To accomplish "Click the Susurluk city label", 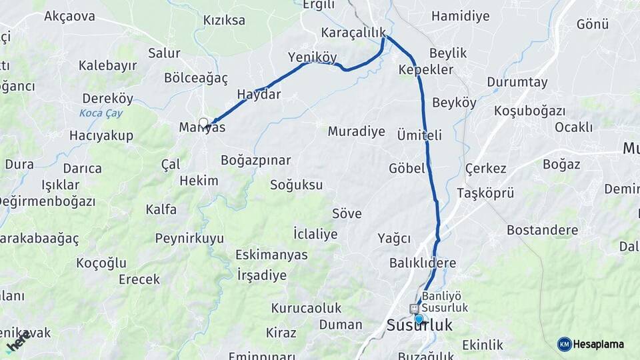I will [419, 326].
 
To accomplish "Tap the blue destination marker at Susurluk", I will [419, 319].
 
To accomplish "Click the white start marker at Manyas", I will [203, 123].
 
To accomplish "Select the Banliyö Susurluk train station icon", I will [414, 309].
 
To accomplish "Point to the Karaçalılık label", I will [353, 33].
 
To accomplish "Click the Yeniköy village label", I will [312, 57].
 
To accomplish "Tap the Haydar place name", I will [259, 94].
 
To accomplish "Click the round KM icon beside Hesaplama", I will [564, 344].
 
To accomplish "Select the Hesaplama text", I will [599, 344].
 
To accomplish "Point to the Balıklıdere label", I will [423, 263].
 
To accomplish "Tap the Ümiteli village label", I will [419, 135].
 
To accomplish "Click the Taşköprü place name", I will [485, 193].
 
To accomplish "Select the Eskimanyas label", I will [271, 255].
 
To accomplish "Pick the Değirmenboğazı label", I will [47, 201].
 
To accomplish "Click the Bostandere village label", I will [542, 230].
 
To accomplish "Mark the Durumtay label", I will [517, 82].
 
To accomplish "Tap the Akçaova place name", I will [69, 16].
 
